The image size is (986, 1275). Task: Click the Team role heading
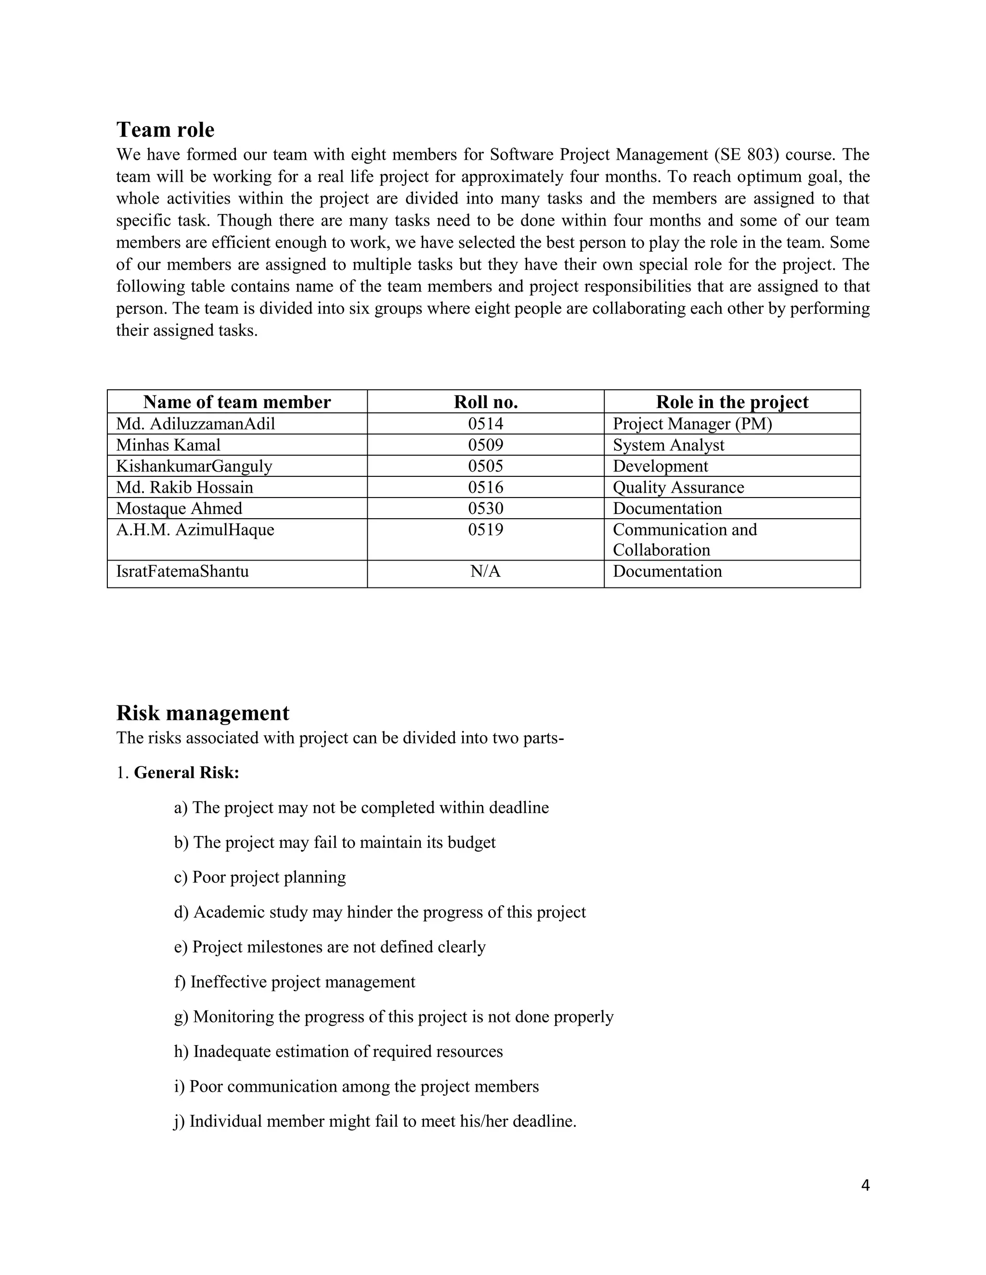165,129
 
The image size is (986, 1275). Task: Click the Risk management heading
203,713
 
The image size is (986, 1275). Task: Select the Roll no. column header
485,402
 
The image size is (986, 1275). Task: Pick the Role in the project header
732,402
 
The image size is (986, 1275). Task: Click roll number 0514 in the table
485,424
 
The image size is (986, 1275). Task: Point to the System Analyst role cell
668,445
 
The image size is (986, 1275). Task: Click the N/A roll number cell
485,571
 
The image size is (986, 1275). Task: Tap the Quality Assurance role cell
678,487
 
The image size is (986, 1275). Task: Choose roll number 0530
485,509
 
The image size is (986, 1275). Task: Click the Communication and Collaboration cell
685,539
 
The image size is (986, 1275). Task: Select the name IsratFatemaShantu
182,571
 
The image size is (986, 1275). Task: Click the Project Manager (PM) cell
692,424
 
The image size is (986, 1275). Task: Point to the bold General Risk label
186,772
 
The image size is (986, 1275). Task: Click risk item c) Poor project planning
260,877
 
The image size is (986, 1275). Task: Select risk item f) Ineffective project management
294,982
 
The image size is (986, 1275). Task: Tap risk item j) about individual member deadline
375,1121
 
